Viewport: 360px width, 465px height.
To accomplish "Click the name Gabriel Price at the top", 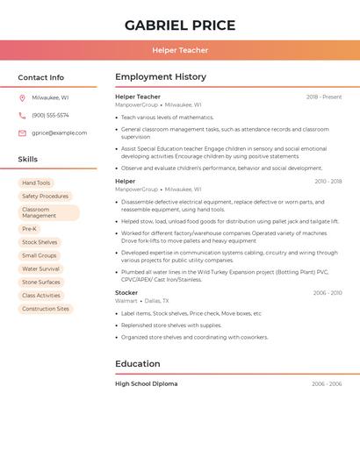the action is pos(180,25).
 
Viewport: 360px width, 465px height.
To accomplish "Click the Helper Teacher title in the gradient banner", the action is pos(180,50).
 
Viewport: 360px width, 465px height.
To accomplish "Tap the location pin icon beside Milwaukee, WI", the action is pos(22,98).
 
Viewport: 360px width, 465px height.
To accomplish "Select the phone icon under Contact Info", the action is pos(22,115).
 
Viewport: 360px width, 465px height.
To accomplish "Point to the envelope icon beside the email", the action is pos(22,133).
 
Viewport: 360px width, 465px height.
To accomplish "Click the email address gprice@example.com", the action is pos(59,133).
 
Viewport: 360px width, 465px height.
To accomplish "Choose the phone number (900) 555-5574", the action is pos(50,115).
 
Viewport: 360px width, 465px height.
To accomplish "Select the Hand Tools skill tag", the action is pos(36,182).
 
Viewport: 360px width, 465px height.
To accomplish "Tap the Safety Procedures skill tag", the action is pos(45,197).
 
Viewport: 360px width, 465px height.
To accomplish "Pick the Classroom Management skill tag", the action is pos(48,212).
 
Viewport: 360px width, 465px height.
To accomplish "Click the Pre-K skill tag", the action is pos(30,229).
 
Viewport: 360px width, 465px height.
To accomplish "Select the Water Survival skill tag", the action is pos(40,268).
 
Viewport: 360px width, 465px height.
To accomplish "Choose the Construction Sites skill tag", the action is pos(46,309).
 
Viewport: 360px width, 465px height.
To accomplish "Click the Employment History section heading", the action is pos(161,77).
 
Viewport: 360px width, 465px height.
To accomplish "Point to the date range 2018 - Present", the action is pos(323,97).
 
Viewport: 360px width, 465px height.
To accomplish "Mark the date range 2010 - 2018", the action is pos(328,182).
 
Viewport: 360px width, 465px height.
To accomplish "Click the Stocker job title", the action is pos(126,292).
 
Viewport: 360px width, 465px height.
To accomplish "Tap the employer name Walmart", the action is pos(126,301).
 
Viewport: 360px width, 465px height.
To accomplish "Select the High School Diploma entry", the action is pos(146,383).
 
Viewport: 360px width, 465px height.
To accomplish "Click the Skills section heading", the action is pos(28,159).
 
